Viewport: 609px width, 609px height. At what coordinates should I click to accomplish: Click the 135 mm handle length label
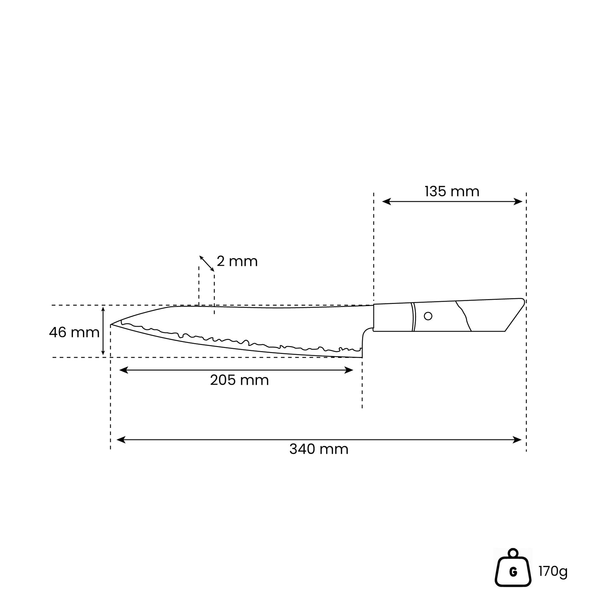(452, 192)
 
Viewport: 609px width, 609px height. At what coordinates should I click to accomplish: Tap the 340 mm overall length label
(319, 449)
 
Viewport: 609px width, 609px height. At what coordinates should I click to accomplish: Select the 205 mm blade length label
(239, 380)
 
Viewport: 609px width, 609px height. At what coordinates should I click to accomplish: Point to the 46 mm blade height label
(74, 333)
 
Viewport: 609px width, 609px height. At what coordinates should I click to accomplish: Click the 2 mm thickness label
(237, 261)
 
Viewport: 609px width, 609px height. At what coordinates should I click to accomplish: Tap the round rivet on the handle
(428, 316)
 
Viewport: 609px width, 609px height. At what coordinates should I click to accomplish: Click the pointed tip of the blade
(111, 324)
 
